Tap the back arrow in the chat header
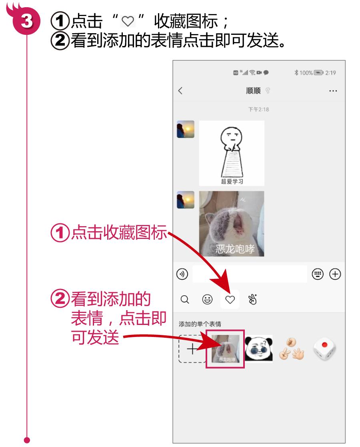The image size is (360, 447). [180, 91]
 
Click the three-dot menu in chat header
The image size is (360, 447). [332, 91]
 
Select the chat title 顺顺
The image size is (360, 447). [253, 91]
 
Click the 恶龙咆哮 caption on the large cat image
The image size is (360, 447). [235, 249]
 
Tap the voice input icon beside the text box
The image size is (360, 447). [182, 274]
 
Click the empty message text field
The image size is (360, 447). [250, 274]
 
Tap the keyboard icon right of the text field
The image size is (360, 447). [317, 274]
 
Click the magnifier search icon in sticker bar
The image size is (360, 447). [184, 299]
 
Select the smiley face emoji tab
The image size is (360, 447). [208, 299]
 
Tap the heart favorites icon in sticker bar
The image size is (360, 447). [230, 299]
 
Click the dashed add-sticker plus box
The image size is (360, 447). [192, 349]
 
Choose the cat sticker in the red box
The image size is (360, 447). [225, 349]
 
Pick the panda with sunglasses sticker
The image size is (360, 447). [258, 348]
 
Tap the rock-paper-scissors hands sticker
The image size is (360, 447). [291, 348]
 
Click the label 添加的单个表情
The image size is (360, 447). [200, 324]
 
